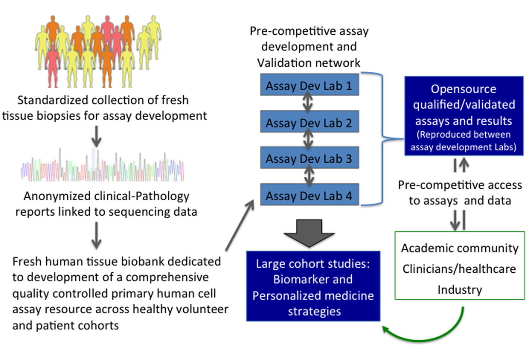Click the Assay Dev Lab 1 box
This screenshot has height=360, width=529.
pyautogui.click(x=309, y=85)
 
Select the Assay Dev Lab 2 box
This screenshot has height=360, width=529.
pyautogui.click(x=309, y=122)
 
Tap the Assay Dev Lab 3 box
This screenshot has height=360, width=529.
pyautogui.click(x=309, y=158)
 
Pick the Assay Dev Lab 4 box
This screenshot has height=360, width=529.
pyautogui.click(x=309, y=195)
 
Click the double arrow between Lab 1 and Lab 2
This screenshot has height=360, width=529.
pyautogui.click(x=308, y=103)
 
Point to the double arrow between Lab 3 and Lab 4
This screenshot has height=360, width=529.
pyautogui.click(x=309, y=176)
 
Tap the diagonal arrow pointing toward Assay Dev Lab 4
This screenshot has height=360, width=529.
pyautogui.click(x=240, y=225)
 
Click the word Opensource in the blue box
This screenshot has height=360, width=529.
pyautogui.click(x=463, y=89)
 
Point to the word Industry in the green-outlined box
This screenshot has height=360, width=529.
pyautogui.click(x=460, y=289)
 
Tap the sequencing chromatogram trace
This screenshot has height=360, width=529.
pyautogui.click(x=103, y=168)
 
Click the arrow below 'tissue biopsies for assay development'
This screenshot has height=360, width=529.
pyautogui.click(x=96, y=136)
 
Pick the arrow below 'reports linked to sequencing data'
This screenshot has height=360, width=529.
pyautogui.click(x=96, y=235)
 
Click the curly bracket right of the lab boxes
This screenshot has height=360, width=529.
pyautogui.click(x=382, y=139)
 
